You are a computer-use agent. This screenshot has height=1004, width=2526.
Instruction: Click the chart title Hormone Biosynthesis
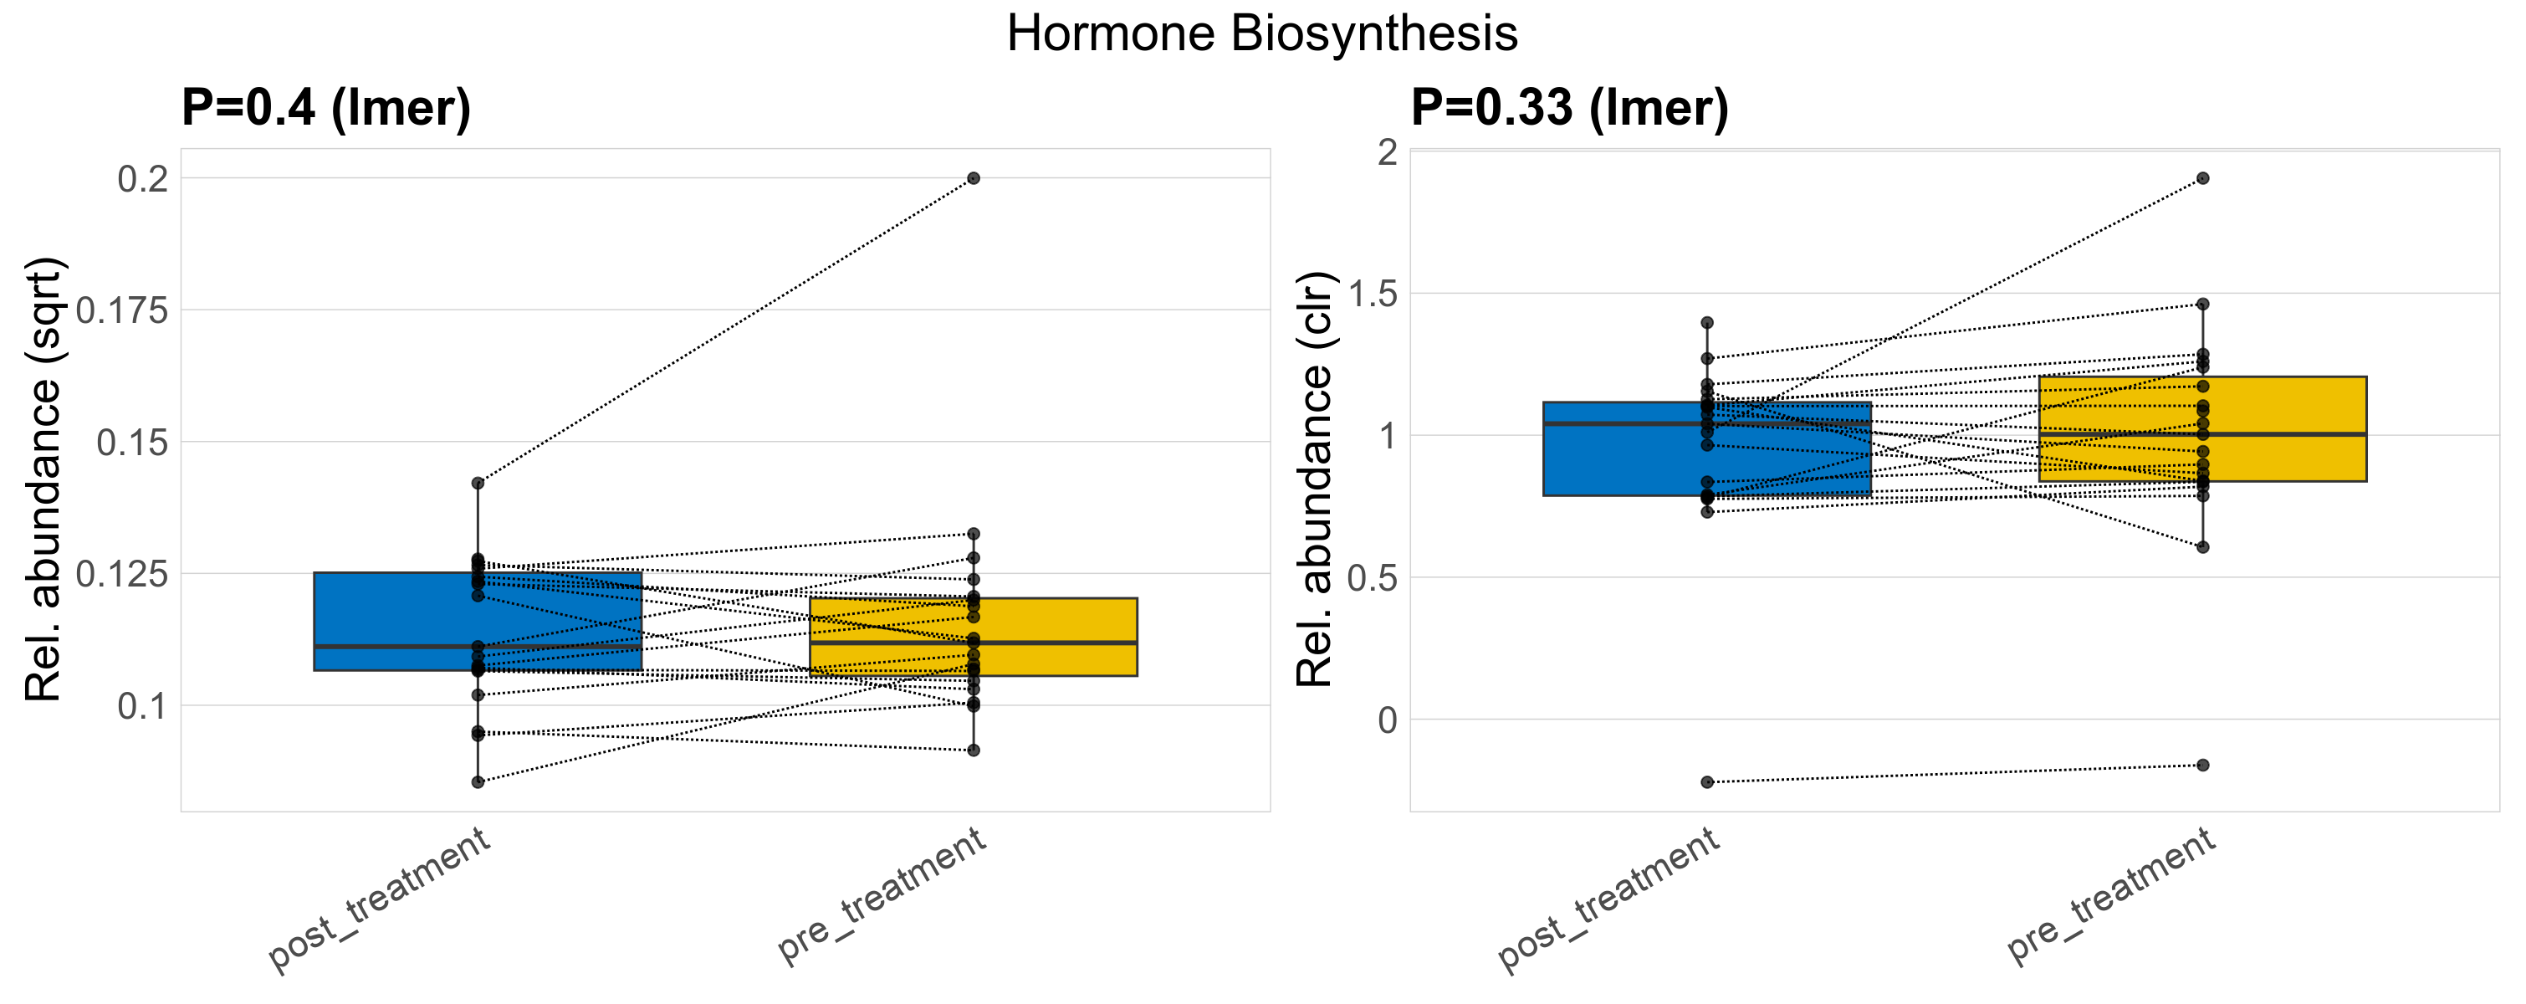[x=1262, y=34]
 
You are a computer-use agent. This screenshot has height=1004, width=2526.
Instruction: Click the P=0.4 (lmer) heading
[x=325, y=108]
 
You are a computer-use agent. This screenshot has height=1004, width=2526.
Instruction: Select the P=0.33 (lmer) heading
[x=1569, y=108]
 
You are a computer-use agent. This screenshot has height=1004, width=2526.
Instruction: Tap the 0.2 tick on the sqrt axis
[x=143, y=179]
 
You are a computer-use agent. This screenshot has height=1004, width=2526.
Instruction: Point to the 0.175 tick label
[x=123, y=312]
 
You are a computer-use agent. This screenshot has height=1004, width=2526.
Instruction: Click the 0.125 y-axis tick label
[x=123, y=575]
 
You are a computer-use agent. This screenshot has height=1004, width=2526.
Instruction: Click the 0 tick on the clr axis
[x=1387, y=720]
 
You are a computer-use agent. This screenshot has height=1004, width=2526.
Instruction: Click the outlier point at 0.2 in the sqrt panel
[x=973, y=178]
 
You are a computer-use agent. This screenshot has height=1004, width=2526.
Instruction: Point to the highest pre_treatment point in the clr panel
[x=2202, y=178]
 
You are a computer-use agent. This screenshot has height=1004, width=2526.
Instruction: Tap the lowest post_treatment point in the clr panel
[x=1707, y=782]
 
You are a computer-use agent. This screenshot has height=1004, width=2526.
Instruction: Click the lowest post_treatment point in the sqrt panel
[x=478, y=782]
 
